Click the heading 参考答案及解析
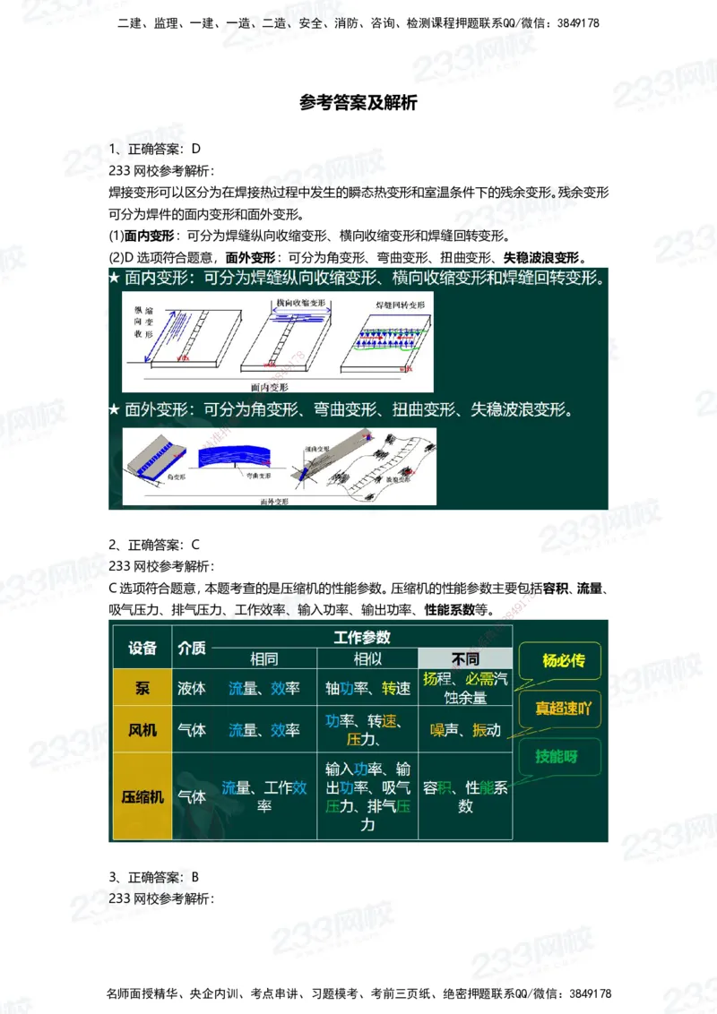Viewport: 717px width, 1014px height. pyautogui.click(x=358, y=103)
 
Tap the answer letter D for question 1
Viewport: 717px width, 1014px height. pyautogui.click(x=196, y=148)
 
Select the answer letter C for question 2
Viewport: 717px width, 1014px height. pyautogui.click(x=195, y=544)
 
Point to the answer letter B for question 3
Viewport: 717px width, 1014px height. pyautogui.click(x=195, y=876)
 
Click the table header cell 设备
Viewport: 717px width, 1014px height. pyautogui.click(x=143, y=648)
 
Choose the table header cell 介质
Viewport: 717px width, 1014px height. pyautogui.click(x=192, y=648)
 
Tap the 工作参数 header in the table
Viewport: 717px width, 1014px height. pyautogui.click(x=361, y=637)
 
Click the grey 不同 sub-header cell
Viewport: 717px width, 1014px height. pyautogui.click(x=465, y=658)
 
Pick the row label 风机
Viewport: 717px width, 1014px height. pyautogui.click(x=143, y=730)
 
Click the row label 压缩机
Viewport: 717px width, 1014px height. pyautogui.click(x=143, y=795)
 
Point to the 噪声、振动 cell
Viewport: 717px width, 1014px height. pyautogui.click(x=465, y=730)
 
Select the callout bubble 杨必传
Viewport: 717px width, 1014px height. pyautogui.click(x=564, y=661)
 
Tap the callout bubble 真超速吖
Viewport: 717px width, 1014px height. pyautogui.click(x=564, y=708)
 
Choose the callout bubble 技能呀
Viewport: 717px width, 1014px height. pyautogui.click(x=557, y=755)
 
